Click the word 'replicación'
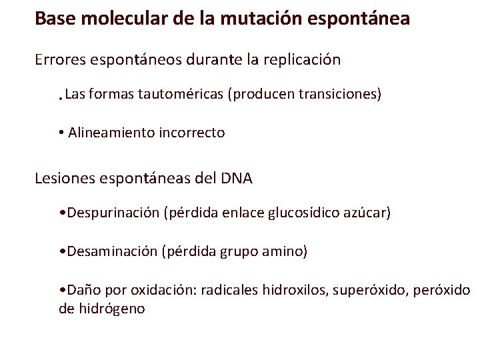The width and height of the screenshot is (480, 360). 302,59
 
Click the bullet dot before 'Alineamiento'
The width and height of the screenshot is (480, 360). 61,133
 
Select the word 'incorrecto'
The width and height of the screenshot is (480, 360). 192,133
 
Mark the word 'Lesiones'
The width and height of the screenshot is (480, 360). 65,178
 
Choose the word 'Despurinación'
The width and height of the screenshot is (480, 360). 112,213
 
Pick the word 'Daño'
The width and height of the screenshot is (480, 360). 79,290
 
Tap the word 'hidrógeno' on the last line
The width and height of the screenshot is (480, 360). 111,309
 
